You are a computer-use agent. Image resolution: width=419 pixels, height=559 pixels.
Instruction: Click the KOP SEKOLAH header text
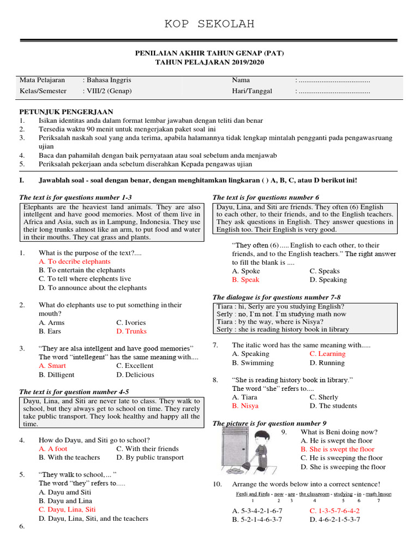pos(209,24)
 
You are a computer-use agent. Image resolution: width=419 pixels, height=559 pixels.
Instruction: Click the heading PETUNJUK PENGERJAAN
pos(66,111)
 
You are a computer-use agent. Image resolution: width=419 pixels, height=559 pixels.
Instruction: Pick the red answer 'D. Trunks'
pos(131,331)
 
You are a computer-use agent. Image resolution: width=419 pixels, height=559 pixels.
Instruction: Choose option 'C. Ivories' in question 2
pos(131,323)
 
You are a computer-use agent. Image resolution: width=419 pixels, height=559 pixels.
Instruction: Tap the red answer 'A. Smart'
pos(52,366)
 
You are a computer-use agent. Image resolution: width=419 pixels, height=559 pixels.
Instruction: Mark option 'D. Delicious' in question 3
pos(135,375)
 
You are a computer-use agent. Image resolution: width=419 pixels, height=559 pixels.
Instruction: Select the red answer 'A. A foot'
pos(53,449)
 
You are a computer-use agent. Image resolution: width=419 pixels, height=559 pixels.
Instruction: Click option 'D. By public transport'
pos(150,457)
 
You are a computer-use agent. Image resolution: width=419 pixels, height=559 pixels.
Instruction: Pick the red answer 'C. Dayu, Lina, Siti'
pos(67,509)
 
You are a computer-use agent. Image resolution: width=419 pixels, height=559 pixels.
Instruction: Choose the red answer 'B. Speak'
pos(246,279)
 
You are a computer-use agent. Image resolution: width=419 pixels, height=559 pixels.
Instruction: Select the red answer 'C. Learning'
pos(327,354)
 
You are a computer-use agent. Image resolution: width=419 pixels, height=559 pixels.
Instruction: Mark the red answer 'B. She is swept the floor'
pos(337,449)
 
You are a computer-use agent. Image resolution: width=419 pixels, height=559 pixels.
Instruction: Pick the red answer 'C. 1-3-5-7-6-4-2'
pos(334,511)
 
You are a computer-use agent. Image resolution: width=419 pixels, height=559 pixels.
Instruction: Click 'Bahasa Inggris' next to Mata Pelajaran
pos(106,80)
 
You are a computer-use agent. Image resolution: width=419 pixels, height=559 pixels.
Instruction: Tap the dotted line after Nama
pos(334,80)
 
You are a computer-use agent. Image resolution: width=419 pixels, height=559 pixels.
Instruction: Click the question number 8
pos(216,379)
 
